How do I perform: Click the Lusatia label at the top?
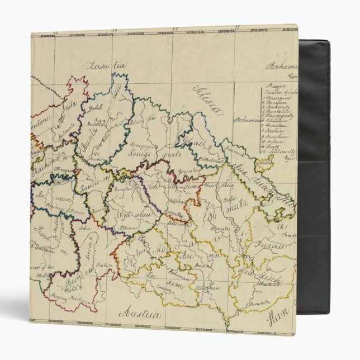point(106,65)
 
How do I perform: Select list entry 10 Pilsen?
point(275,143)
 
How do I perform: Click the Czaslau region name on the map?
point(127,214)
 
